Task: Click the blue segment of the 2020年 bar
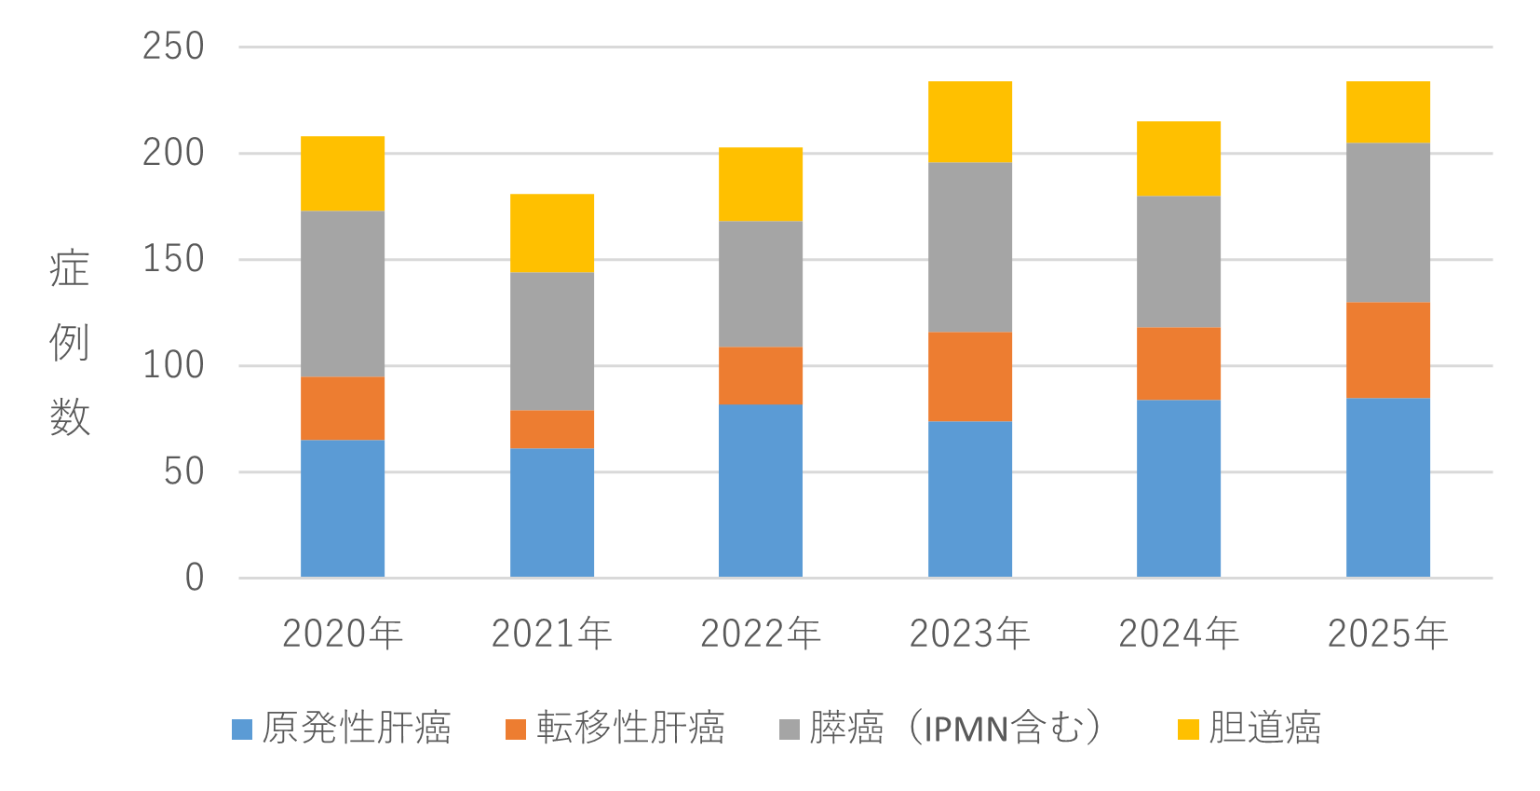(343, 509)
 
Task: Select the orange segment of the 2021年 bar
(552, 430)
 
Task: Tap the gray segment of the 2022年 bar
(761, 284)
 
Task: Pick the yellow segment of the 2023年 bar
(970, 122)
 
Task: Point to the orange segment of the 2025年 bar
(1388, 350)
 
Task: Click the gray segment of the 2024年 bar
(1179, 262)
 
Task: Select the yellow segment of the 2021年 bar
(552, 233)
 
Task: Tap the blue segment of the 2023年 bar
(970, 499)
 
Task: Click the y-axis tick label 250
(173, 47)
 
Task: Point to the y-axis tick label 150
(173, 259)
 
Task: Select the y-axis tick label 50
(183, 471)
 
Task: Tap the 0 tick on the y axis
(194, 578)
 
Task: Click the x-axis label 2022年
(761, 634)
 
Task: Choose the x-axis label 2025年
(1388, 634)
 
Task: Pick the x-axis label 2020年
(343, 634)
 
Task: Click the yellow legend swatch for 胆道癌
(1188, 729)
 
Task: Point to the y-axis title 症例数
(70, 343)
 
